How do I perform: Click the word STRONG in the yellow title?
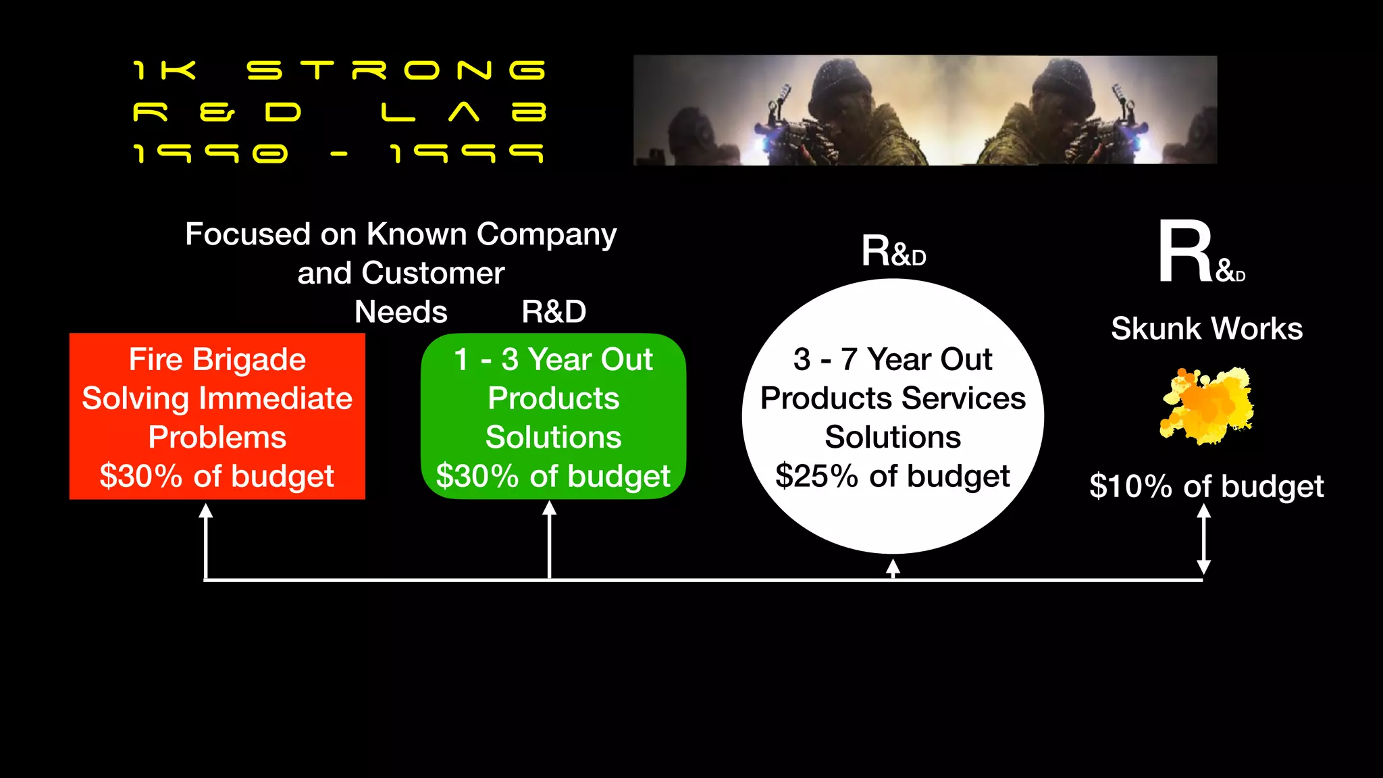click(396, 70)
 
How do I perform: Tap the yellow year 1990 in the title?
click(211, 154)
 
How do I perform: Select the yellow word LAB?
click(463, 112)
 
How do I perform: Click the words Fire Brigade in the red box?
click(217, 359)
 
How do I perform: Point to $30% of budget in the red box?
click(217, 476)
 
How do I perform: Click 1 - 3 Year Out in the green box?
click(553, 359)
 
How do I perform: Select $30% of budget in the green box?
click(553, 476)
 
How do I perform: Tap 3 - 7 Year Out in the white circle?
click(893, 359)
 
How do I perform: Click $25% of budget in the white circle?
click(893, 476)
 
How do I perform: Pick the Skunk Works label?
click(1207, 329)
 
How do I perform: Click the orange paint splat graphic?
click(1207, 406)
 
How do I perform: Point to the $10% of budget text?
click(1207, 486)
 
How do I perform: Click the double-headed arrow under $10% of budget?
click(1203, 540)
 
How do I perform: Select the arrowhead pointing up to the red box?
click(206, 511)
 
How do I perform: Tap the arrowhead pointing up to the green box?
click(550, 509)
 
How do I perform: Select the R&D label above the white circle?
click(893, 252)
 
